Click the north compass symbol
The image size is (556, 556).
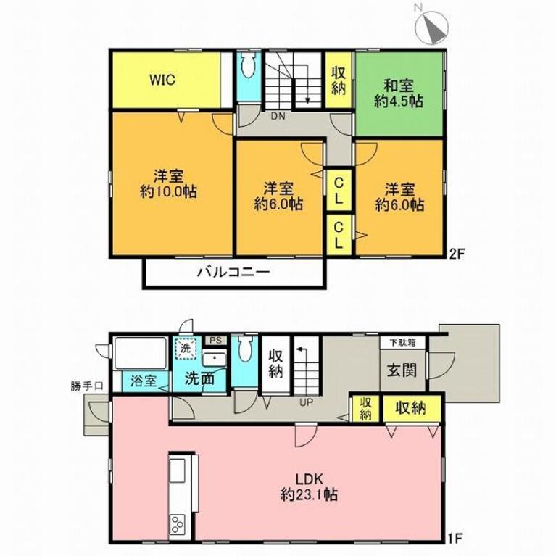point(432,27)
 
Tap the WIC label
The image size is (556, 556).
point(162,80)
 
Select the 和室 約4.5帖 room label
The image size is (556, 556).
point(399,94)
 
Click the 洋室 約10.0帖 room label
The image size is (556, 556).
point(168,184)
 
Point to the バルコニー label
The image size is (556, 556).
point(233,272)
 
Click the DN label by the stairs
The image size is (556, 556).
point(278,116)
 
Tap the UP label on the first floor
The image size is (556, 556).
point(306,402)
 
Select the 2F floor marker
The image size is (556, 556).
point(457,254)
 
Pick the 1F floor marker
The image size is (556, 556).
point(455,539)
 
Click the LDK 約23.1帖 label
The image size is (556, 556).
point(309,487)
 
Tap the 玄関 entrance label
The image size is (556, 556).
point(402,370)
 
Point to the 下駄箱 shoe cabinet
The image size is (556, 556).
point(402,342)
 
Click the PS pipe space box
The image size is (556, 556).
point(215,341)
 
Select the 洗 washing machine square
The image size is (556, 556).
point(185,348)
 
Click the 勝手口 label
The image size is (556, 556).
point(87,386)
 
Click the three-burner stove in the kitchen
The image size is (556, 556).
point(178,524)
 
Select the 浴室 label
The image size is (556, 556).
point(144,381)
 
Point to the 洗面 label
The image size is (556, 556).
point(199,378)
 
